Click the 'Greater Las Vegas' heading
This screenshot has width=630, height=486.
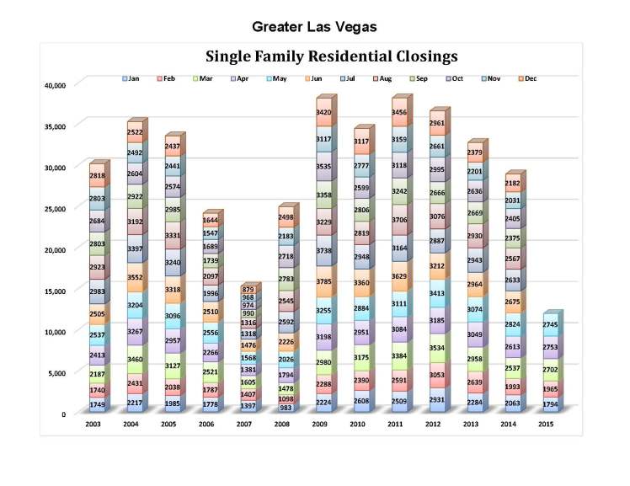coord(313,27)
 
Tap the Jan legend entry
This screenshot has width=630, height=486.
coord(131,78)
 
